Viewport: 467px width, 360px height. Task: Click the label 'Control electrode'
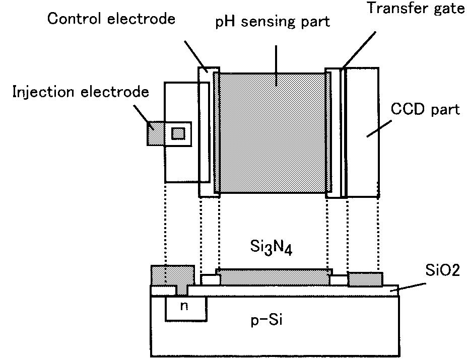pyautogui.click(x=111, y=19)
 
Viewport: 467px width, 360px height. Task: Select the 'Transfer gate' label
pyautogui.click(x=416, y=9)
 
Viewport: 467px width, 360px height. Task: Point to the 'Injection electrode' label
pyautogui.click(x=81, y=92)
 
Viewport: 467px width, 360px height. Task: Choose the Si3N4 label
pyautogui.click(x=271, y=247)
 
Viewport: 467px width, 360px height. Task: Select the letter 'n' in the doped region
pyautogui.click(x=184, y=306)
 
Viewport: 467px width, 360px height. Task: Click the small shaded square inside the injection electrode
pyautogui.click(x=178, y=133)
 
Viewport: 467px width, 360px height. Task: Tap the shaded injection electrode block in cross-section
pyautogui.click(x=172, y=276)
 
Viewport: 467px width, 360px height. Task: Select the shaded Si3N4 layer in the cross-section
pyautogui.click(x=274, y=277)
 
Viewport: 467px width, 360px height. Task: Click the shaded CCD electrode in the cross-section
pyautogui.click(x=365, y=279)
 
